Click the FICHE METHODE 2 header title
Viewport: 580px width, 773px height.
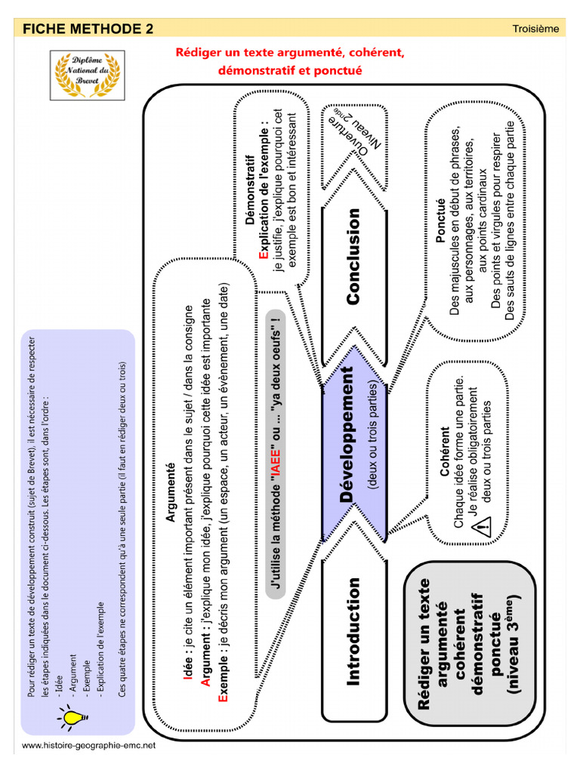coord(88,29)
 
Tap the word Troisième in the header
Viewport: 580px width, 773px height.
coord(535,29)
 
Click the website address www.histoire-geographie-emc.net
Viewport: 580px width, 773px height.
coord(88,745)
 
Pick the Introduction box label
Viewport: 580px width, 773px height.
coord(353,632)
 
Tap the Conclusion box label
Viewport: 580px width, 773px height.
coord(353,257)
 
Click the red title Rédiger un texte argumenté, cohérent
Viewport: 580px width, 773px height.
coord(291,53)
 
